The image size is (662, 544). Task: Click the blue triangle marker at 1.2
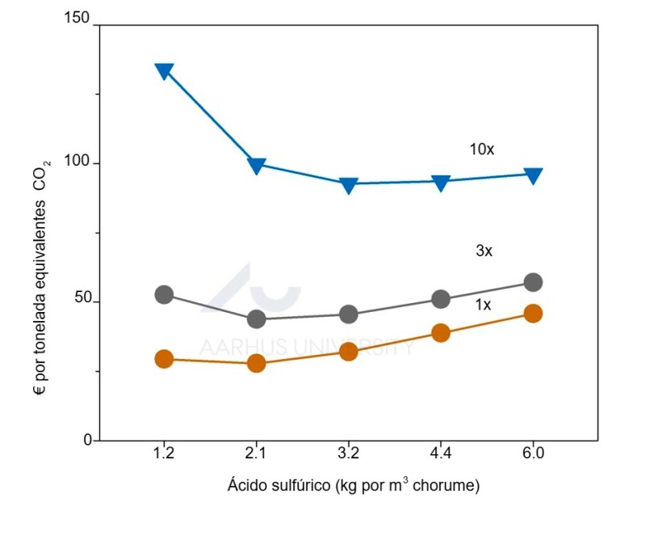[164, 71]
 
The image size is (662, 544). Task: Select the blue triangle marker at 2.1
[257, 166]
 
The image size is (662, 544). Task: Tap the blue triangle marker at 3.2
[349, 185]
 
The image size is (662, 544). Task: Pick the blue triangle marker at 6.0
[533, 175]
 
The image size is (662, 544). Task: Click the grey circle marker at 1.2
[164, 294]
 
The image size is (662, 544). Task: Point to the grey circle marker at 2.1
[257, 318]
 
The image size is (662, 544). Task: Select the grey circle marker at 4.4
[441, 299]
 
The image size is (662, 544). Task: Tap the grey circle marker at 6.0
[533, 282]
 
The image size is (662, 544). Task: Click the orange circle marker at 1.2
[164, 359]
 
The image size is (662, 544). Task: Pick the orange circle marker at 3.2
[349, 351]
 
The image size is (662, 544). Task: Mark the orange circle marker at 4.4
[441, 333]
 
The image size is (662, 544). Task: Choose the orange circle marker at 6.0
[533, 314]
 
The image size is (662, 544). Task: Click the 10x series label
[482, 150]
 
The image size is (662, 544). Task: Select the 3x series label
[484, 251]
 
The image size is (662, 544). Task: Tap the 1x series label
[484, 305]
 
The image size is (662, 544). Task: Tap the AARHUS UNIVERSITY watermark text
[307, 348]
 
